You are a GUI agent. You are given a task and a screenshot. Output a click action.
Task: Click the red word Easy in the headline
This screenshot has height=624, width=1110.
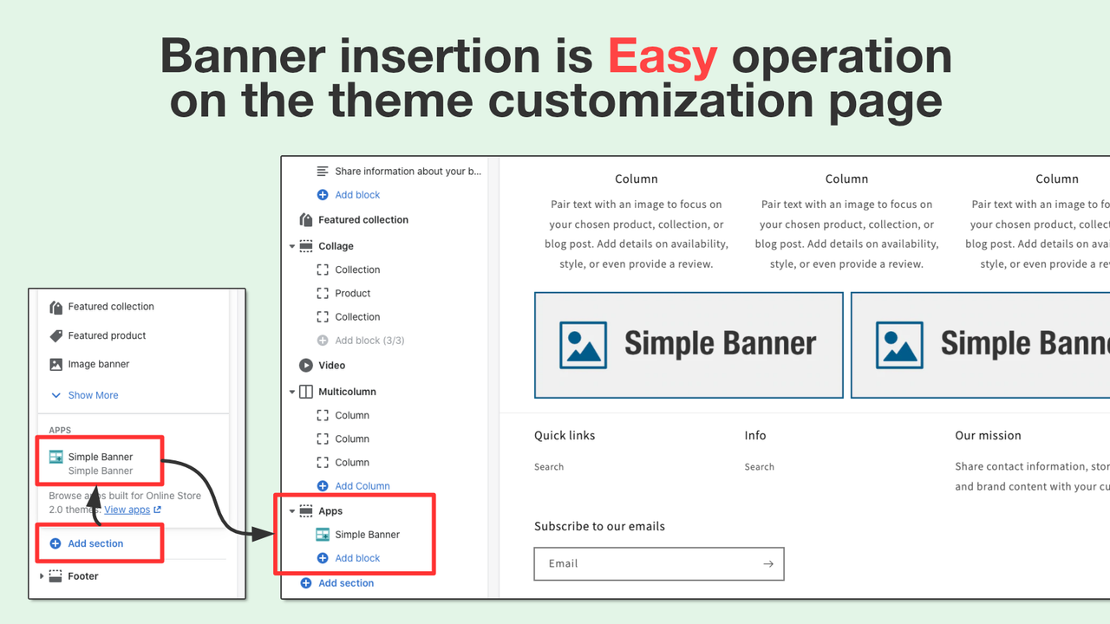tap(663, 57)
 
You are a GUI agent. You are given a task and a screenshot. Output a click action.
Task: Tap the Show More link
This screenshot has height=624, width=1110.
tap(93, 395)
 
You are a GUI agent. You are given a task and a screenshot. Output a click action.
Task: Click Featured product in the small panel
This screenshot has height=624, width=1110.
tap(107, 335)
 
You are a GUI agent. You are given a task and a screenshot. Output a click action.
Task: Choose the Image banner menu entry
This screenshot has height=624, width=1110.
tap(99, 364)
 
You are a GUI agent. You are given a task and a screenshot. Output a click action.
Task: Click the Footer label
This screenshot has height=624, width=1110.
tap(83, 576)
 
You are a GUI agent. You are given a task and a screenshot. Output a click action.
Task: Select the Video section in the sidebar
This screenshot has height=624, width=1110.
tap(331, 366)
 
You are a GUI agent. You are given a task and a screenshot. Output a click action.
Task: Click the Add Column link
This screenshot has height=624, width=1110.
tap(362, 486)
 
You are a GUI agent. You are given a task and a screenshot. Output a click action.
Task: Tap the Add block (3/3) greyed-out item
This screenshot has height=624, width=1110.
tap(369, 341)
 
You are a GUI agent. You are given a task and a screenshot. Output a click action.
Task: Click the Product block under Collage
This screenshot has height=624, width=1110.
tap(353, 293)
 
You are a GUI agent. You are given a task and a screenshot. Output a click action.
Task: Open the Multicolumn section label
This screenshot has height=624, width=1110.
tap(347, 392)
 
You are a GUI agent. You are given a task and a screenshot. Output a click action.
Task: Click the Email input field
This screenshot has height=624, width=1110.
tap(646, 563)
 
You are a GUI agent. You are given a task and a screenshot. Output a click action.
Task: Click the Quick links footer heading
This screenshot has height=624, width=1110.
tap(565, 435)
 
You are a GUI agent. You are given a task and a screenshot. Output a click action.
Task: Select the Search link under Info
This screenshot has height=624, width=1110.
tap(759, 467)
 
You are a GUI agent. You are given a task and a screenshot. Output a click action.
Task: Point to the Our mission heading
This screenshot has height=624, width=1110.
tap(988, 435)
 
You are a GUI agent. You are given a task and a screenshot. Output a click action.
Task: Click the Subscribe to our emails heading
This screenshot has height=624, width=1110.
tap(599, 526)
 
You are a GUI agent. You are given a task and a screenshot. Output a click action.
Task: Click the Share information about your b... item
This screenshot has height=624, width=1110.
tap(408, 172)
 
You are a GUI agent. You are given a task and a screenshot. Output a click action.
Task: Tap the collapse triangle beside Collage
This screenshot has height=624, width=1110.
tap(292, 246)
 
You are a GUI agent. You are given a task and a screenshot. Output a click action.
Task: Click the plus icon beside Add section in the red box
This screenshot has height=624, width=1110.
tap(55, 543)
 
